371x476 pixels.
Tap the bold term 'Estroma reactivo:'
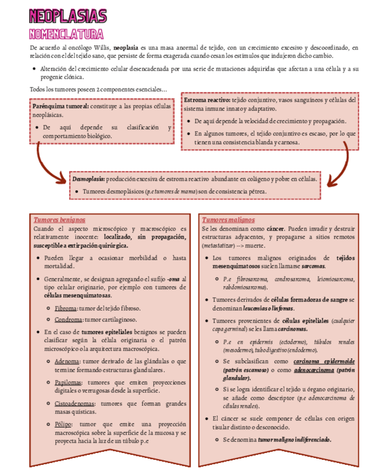pyautogui.click(x=206, y=100)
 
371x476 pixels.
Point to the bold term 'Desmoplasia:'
pyautogui.click(x=88, y=178)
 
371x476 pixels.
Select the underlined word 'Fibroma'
pyautogui.click(x=66, y=309)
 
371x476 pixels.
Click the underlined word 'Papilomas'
pyautogui.click(x=70, y=382)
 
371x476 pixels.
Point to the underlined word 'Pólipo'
pyautogui.click(x=64, y=424)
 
